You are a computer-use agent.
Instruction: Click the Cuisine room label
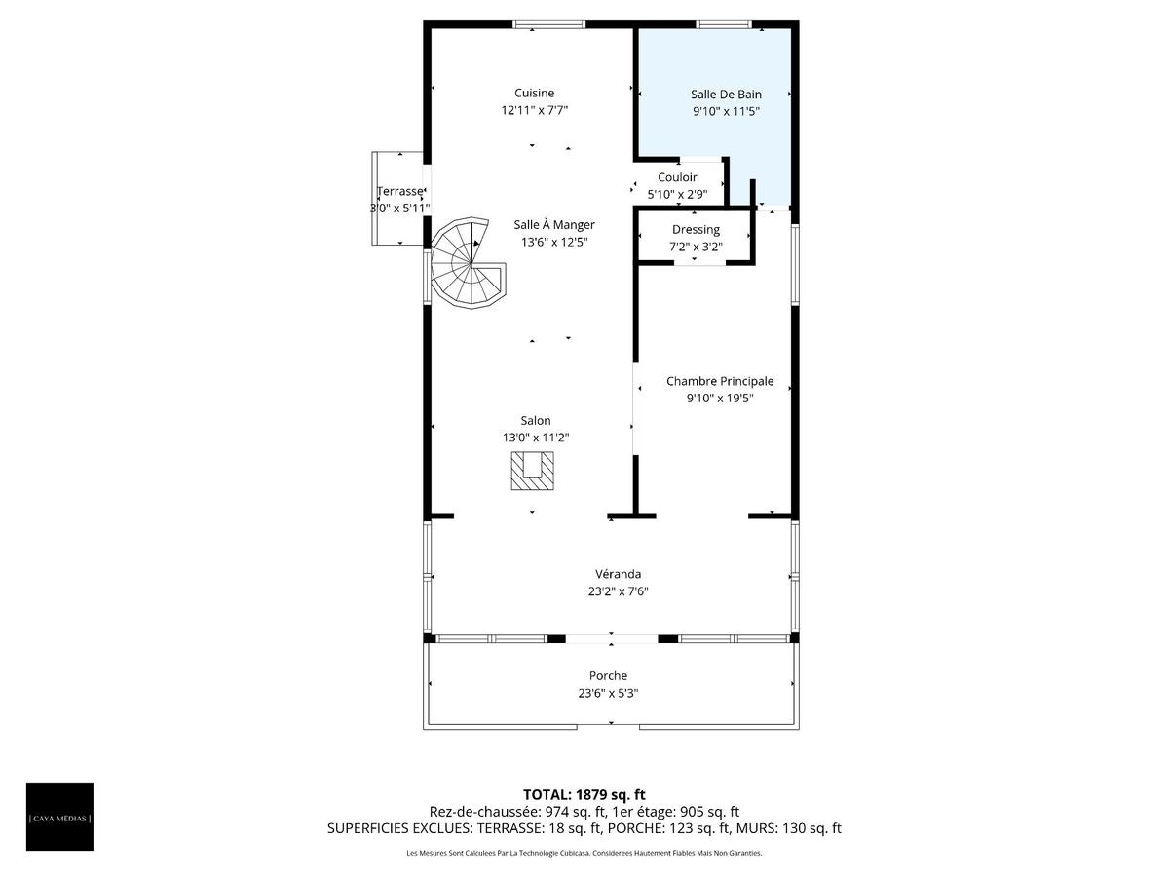point(534,94)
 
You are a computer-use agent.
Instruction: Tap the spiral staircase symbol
point(468,262)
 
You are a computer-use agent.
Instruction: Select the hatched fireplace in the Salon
point(532,471)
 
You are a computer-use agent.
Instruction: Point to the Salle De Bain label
point(726,95)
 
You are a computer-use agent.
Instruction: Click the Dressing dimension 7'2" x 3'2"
point(696,247)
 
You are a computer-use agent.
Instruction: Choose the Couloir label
point(677,177)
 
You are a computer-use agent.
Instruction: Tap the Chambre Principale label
point(720,381)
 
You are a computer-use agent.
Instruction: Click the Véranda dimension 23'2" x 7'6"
point(618,591)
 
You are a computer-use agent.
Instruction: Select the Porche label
point(608,675)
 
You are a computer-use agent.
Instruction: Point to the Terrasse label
point(400,191)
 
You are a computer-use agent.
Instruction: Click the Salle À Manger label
point(554,225)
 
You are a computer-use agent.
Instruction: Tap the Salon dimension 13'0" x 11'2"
point(535,438)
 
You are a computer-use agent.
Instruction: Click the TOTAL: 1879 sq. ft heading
point(584,794)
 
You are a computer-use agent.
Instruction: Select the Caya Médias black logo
point(59,818)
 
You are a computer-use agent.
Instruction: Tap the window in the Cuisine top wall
point(548,24)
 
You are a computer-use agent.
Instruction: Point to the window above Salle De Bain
point(723,24)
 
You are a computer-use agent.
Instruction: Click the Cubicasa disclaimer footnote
point(584,853)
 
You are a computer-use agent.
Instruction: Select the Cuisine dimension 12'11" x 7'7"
point(534,110)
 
